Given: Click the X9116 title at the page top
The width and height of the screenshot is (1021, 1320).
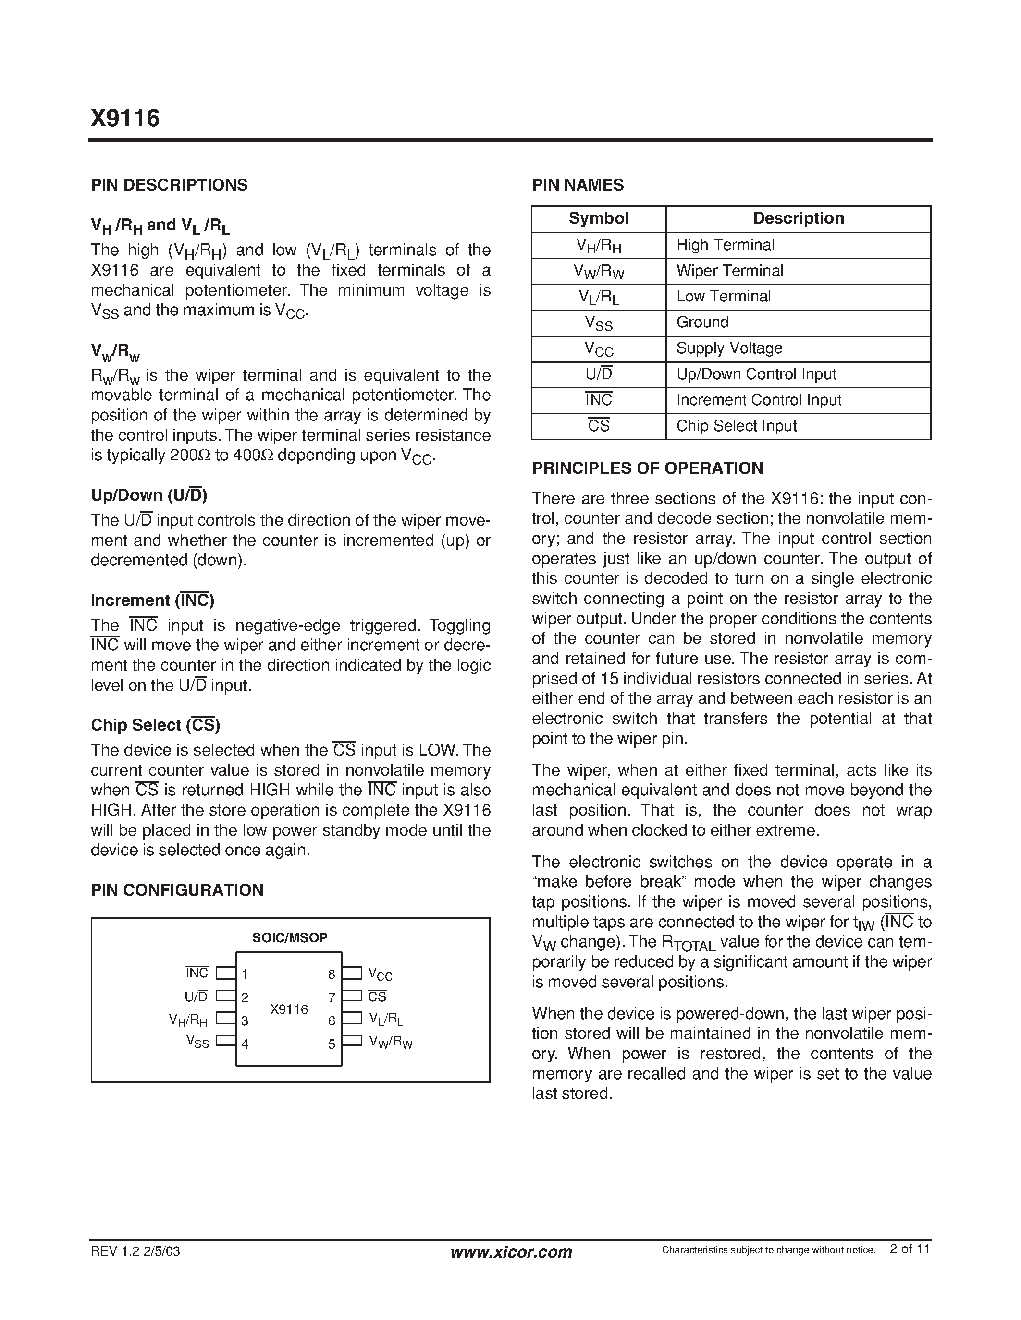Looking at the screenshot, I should coord(125,119).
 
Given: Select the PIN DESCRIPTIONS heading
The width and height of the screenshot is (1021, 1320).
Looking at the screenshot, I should coord(169,185).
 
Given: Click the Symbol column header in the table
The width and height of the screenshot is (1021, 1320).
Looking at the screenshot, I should coord(598,218).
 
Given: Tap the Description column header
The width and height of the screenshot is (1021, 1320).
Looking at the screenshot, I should coord(798,218).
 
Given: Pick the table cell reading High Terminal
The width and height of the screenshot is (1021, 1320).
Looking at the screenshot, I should coord(725,245).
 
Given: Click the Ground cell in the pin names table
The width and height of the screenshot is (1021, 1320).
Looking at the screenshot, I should coord(702,322).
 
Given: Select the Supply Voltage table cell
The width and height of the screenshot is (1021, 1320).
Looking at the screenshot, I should coord(729,348).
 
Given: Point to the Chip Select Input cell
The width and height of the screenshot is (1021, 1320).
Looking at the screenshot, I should coord(736,426).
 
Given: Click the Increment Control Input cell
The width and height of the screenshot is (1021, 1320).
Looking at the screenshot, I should coord(759,400).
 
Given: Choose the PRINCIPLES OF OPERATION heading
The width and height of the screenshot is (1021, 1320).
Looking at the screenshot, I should coord(647,468).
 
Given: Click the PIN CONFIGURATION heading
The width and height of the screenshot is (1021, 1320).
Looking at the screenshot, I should coord(177,890).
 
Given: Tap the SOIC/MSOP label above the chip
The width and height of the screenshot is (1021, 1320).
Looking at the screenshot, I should coord(290,937).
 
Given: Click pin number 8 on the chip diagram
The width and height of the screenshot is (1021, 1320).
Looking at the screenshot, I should coord(332,974).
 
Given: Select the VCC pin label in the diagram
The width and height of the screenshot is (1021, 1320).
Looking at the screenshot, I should coord(381,975).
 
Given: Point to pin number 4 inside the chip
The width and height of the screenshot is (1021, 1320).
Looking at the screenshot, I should coord(245,1044).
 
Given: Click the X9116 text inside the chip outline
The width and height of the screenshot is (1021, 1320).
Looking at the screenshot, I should coord(289,1009).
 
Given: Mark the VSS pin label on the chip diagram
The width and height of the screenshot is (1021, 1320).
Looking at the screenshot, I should coord(197,1042).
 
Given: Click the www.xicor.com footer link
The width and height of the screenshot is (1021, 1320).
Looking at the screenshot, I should coord(511,1252).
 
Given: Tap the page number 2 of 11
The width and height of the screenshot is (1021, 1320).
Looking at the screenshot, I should coord(910,1249).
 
